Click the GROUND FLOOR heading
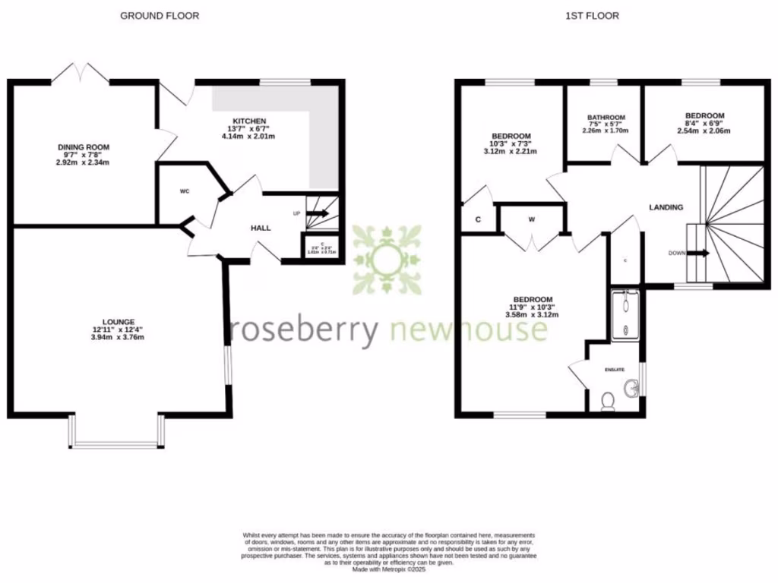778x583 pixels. click(x=160, y=15)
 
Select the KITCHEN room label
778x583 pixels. click(x=249, y=121)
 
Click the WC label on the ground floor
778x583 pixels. click(x=185, y=191)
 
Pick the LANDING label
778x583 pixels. click(x=666, y=207)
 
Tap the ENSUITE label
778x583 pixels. click(x=614, y=370)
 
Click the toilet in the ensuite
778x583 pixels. click(x=608, y=401)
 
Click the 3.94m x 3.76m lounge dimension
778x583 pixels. click(x=117, y=338)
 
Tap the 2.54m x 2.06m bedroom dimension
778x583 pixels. click(x=704, y=131)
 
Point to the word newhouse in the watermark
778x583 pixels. click(x=468, y=330)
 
